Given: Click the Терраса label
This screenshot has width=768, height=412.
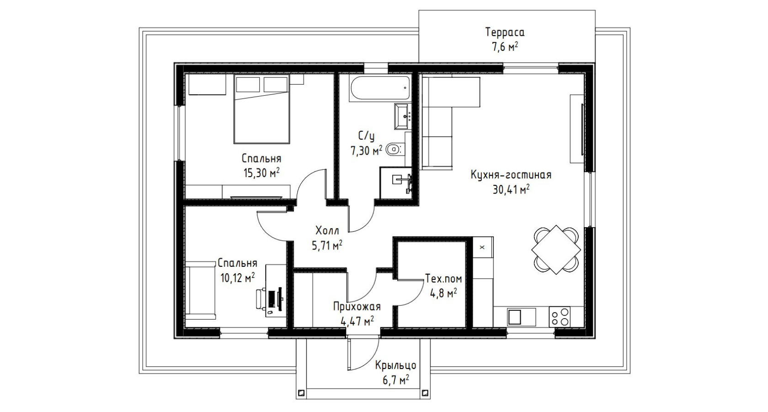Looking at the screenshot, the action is point(505,32).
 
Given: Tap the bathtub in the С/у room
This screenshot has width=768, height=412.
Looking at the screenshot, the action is point(380,89).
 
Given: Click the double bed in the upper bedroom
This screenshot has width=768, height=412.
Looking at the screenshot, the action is point(261,109).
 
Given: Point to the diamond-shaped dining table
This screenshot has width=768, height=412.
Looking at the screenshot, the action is point(556,249).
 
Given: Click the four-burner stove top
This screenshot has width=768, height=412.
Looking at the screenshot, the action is point(560,316).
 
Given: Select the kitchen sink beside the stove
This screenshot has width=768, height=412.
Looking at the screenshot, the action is point(521,317).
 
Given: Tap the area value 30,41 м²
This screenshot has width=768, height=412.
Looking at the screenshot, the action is point(511,189).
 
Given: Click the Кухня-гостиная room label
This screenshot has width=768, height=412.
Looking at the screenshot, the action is point(511,175).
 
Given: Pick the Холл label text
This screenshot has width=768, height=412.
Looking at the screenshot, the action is point(327,230).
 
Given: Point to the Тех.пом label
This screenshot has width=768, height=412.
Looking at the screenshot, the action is point(443,279).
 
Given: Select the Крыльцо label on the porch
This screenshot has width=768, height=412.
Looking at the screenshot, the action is point(395,365).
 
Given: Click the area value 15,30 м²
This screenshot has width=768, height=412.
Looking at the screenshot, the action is point(261,173).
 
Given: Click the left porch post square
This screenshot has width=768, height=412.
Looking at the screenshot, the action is point(301,392).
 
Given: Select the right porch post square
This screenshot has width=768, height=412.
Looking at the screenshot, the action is point(425,392).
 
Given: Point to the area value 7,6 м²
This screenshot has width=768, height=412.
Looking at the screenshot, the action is point(505,47).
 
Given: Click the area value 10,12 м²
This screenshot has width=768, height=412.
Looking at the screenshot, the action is point(238,278).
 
